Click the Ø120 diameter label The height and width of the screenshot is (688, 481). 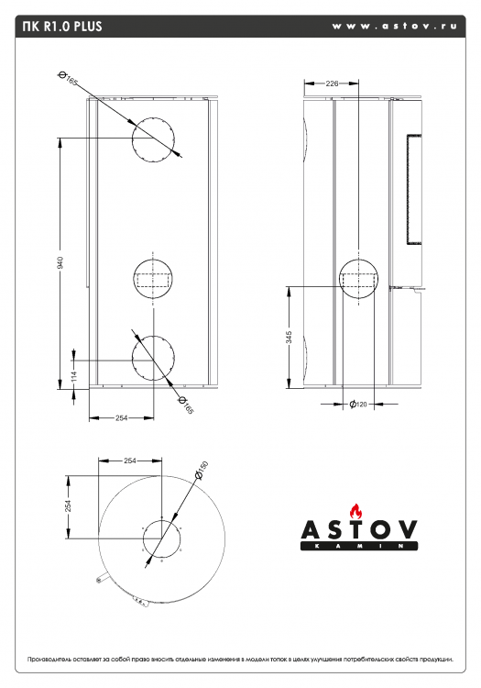click(358, 405)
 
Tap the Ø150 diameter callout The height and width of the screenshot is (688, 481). click(202, 469)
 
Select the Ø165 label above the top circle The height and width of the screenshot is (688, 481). click(68, 80)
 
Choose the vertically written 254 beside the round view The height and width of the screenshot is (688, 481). click(69, 507)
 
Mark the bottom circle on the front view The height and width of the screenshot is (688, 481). click(152, 357)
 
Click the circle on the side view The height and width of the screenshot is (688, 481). click(358, 280)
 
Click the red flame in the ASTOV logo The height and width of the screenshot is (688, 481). click(358, 511)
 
